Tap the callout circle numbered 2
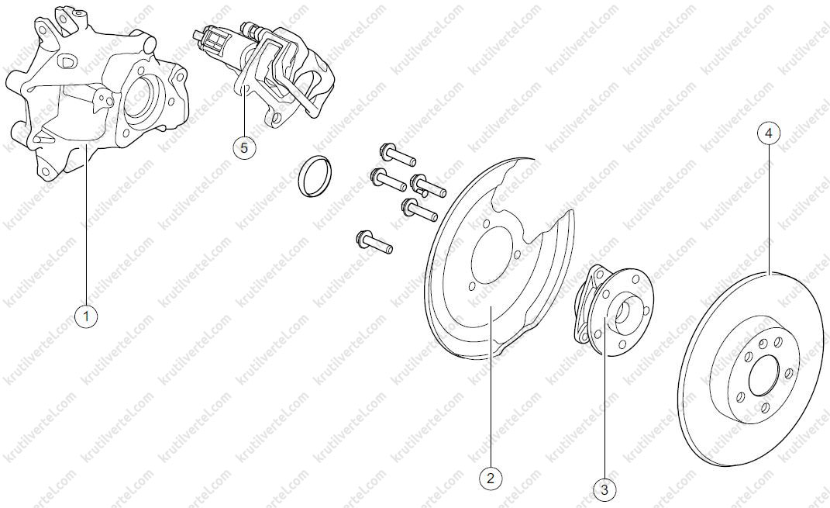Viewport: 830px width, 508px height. (490, 479)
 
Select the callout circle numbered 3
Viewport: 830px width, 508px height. (604, 490)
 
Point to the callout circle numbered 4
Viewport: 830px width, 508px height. (769, 133)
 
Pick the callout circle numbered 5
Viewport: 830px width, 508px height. (244, 148)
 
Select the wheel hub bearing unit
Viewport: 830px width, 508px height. (614, 310)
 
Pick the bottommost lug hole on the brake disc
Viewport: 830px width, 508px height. (765, 407)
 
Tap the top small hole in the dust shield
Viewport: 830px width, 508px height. (485, 224)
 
